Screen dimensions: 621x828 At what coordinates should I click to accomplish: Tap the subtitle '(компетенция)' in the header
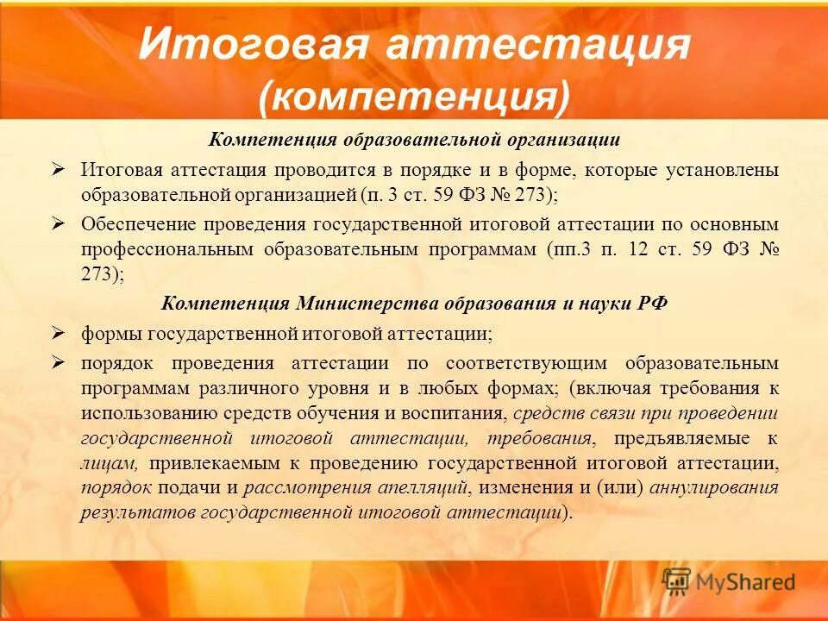coord(414,97)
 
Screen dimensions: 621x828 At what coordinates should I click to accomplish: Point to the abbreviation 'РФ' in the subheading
coord(652,304)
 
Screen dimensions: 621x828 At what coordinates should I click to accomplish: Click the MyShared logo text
coord(743,582)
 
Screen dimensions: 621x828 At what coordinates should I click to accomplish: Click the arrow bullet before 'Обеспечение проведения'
coord(59,223)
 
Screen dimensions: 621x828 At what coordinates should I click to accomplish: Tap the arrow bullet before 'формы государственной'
coord(59,332)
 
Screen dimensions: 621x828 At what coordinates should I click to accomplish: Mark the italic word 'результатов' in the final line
coord(137,512)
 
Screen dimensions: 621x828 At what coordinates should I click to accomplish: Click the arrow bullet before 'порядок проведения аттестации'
coord(59,362)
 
